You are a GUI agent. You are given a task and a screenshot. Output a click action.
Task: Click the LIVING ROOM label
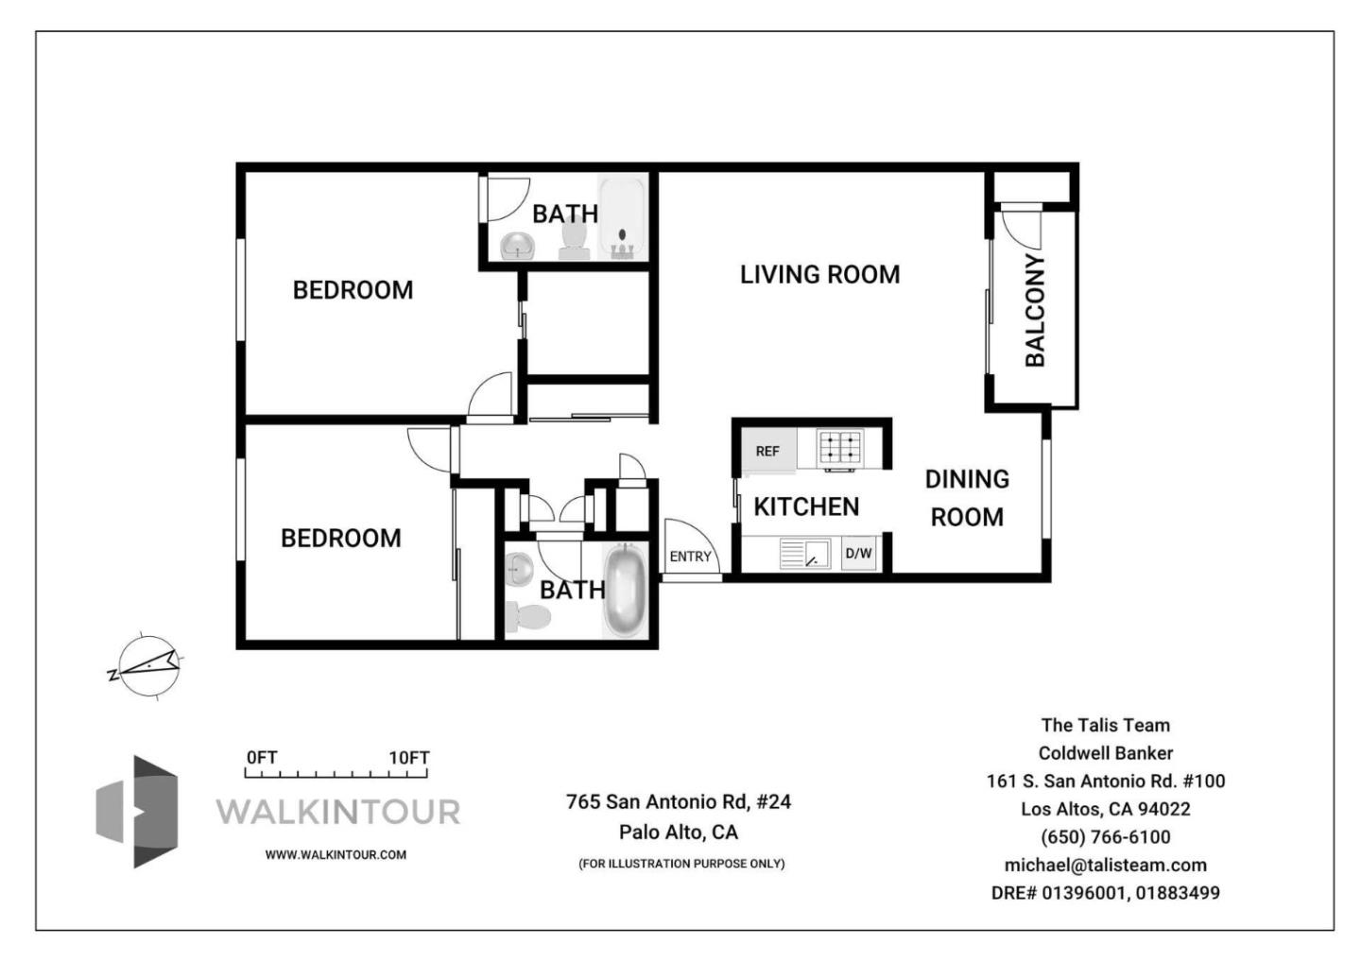(819, 275)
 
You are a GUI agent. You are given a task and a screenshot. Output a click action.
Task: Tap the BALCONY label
(1035, 310)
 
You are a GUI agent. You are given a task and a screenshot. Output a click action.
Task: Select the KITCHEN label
(806, 507)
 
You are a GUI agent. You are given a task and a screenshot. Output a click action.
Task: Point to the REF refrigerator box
(768, 450)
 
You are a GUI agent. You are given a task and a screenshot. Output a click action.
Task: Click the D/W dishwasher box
(858, 553)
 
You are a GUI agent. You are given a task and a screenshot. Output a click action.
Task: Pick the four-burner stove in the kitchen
(841, 449)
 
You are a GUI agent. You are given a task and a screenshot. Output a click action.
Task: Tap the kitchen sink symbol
(805, 553)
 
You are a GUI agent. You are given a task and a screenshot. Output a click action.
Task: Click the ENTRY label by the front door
(690, 557)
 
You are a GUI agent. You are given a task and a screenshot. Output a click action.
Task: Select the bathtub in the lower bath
(624, 592)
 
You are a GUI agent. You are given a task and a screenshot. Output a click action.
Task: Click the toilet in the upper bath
(574, 240)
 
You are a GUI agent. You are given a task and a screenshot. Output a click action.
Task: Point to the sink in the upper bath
(518, 246)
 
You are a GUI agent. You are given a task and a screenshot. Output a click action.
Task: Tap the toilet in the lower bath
(527, 616)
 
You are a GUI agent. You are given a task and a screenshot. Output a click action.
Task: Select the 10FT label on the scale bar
(409, 758)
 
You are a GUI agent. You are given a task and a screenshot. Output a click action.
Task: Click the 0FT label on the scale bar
(262, 757)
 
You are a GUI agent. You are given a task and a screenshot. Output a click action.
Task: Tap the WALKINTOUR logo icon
(137, 812)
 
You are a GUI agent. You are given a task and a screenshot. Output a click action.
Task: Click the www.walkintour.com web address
(336, 854)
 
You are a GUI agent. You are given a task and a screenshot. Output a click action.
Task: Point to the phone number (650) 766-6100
(1105, 837)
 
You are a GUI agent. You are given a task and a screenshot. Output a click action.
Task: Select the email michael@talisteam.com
(1105, 865)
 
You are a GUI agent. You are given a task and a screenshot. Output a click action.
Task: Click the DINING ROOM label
(967, 498)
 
